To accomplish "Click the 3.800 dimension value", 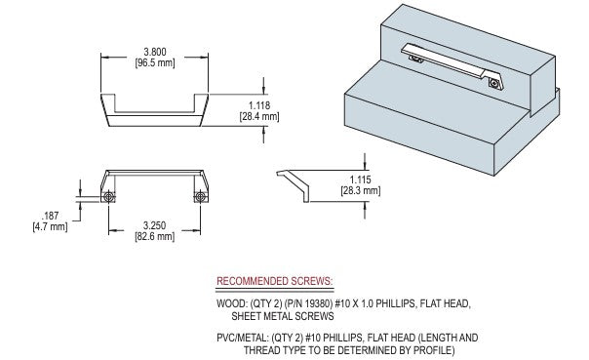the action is pos(155,52).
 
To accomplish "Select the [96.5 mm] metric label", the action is pos(155,62).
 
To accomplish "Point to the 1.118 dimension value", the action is pos(259,105).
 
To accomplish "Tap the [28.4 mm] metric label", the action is pos(259,116).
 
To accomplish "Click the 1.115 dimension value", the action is pos(360,180).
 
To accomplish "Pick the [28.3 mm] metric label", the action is pos(360,191).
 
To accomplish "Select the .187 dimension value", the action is pos(50,216).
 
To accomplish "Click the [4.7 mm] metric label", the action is pos(50,227).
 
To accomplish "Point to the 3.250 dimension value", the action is pos(154,225).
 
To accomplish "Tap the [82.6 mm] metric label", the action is pos(154,236).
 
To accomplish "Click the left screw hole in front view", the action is pos(109,196).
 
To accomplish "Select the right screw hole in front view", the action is pos(200,196).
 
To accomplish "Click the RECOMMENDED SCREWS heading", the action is pos(275,281).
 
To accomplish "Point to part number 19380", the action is pos(319,303).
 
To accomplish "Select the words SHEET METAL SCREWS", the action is pos(283,316).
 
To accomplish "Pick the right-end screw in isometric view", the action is pos(494,83).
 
